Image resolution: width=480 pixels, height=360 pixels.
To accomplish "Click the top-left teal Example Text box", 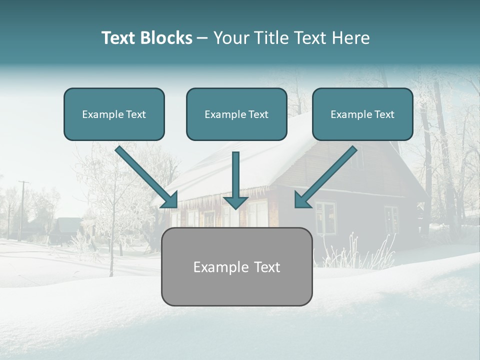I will (x=114, y=114).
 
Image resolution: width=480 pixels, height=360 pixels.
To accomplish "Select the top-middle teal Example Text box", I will (x=236, y=114).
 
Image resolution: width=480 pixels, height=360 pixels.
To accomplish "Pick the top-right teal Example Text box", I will (x=362, y=114).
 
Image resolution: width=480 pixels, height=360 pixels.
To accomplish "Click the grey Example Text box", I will (x=236, y=266).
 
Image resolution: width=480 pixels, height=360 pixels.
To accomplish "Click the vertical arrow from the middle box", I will (x=235, y=175).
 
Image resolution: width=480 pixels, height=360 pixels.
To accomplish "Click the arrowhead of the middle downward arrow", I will (x=235, y=201).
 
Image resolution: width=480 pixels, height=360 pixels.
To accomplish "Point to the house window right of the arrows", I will (x=325, y=217).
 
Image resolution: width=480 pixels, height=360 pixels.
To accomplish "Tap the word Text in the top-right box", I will (x=384, y=114).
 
